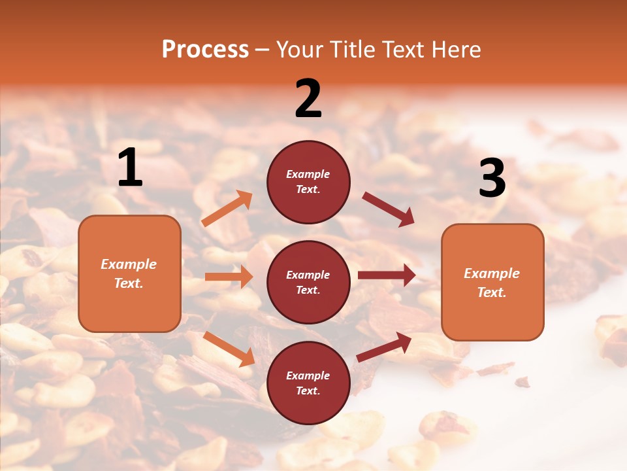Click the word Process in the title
205,50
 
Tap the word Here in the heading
455,50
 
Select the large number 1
130,168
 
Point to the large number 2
308,98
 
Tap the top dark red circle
308,182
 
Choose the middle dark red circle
308,282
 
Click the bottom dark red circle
308,383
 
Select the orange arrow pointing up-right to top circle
227,209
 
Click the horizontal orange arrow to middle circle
229,277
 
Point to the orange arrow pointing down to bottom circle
229,349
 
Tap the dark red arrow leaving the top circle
388,209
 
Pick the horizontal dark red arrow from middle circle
386,275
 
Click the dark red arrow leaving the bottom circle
384,347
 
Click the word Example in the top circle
308,175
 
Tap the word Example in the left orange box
129,264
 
